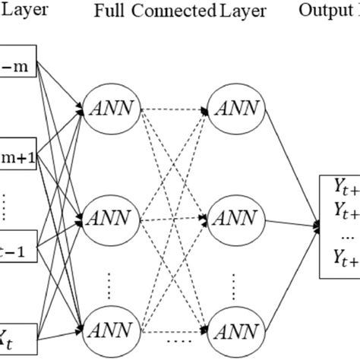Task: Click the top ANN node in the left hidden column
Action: tap(112, 108)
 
